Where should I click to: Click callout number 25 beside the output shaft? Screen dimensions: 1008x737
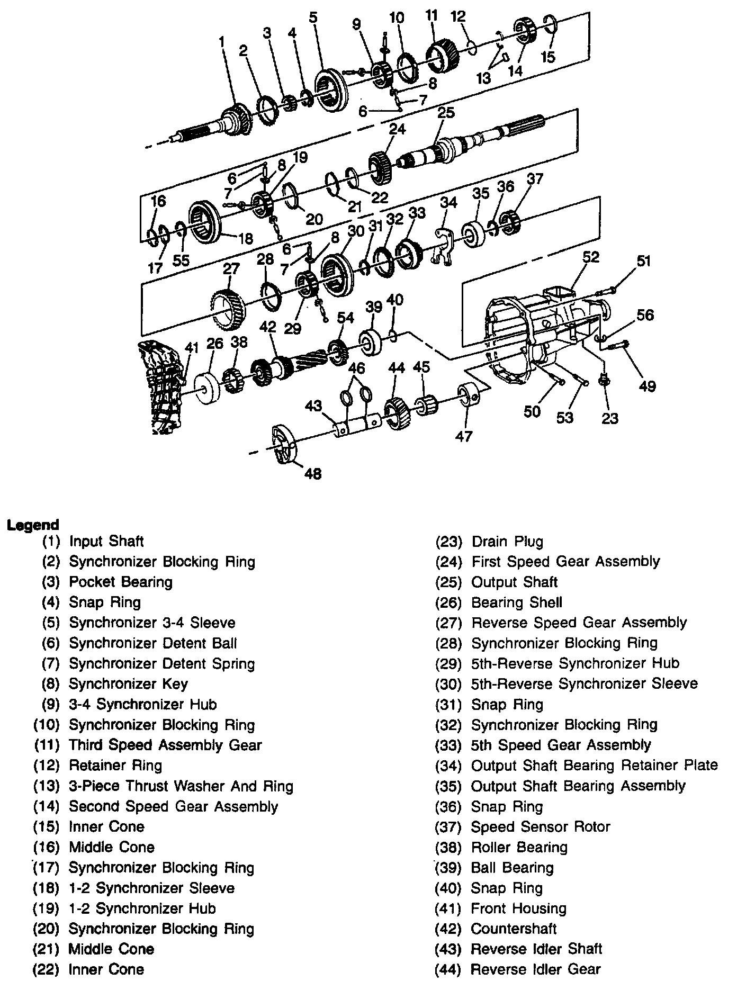[446, 113]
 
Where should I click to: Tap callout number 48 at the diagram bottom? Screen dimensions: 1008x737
[313, 473]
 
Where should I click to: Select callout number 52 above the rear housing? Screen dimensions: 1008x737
[591, 257]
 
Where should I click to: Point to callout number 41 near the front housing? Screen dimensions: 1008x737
[191, 348]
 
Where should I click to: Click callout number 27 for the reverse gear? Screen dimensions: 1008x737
[231, 268]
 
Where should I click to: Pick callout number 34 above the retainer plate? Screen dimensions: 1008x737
[448, 202]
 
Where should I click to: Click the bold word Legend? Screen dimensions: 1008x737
[32, 525]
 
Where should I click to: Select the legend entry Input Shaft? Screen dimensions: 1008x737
[106, 541]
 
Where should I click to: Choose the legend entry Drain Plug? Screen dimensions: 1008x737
[507, 541]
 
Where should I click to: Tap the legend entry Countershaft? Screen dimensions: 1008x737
[513, 928]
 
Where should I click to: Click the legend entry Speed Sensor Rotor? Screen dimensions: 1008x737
[540, 826]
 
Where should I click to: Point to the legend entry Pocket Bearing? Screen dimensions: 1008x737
[121, 582]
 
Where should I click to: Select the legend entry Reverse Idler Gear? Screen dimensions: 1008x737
[535, 969]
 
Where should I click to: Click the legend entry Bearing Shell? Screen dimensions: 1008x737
[516, 602]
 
